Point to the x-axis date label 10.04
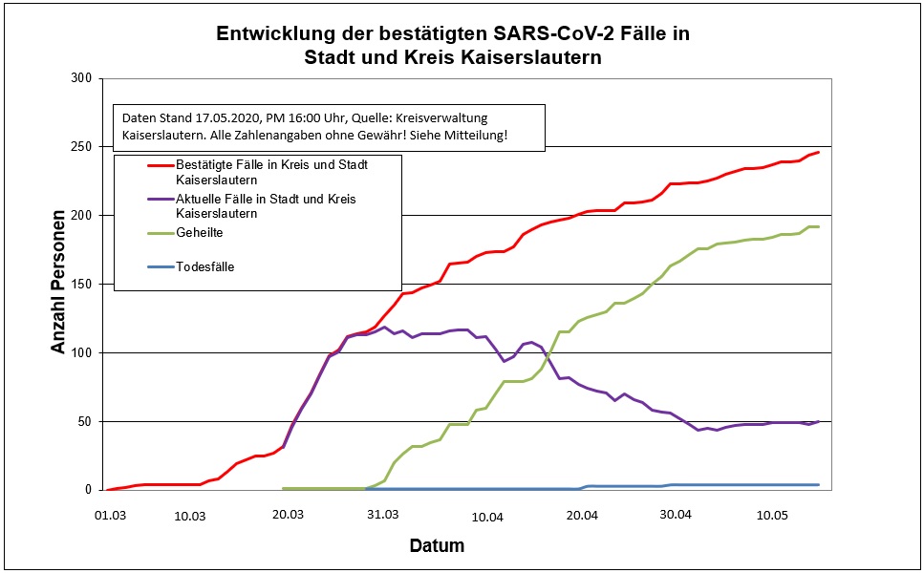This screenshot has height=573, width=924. click(486, 517)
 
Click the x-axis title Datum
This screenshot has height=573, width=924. click(437, 546)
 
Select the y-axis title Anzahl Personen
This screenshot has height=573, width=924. click(59, 283)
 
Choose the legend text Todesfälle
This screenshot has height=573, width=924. click(204, 267)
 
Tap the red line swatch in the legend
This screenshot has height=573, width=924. click(159, 165)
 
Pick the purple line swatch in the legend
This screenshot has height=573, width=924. click(159, 200)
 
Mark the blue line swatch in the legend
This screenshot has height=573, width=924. click(159, 267)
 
